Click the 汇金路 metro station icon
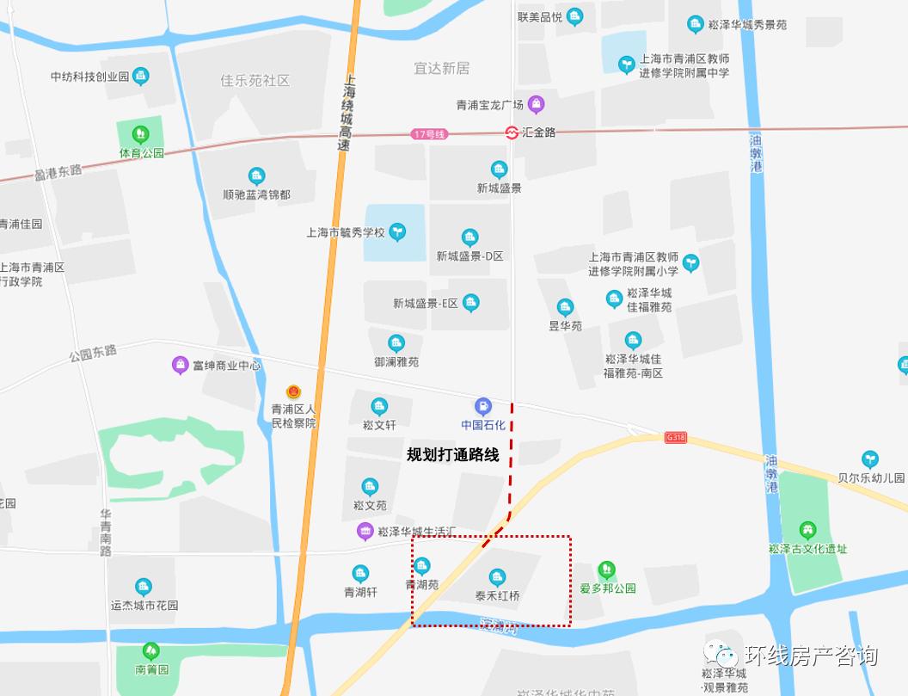click(512, 132)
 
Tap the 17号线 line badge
click(430, 133)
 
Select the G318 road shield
click(677, 437)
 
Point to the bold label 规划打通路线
click(452, 455)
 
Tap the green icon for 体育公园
click(140, 134)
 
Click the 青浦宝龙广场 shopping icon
click(537, 105)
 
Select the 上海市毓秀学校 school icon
click(397, 231)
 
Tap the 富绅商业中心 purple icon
click(180, 365)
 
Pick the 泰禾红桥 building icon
click(497, 577)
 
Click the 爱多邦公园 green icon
click(607, 570)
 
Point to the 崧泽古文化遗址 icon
click(807, 529)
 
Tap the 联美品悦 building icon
click(574, 16)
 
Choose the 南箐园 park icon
click(151, 650)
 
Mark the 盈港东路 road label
click(58, 172)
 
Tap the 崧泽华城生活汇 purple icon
click(365, 531)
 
